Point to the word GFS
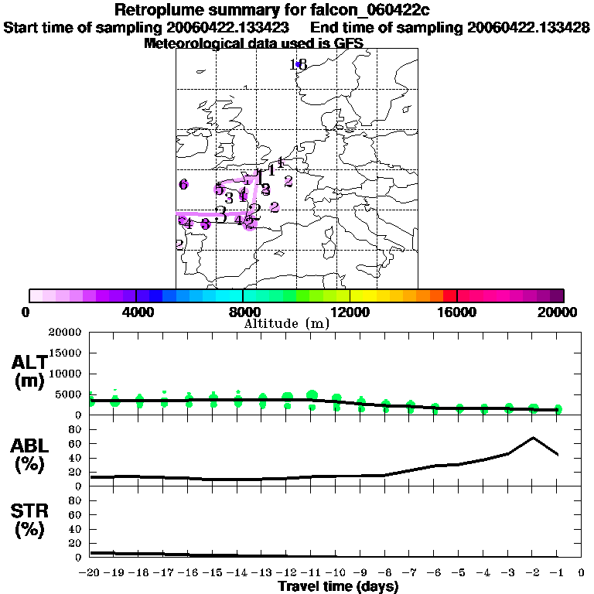[348, 43]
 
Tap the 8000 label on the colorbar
[243, 312]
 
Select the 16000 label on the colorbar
[457, 312]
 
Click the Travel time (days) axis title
[338, 586]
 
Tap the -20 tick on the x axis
[90, 573]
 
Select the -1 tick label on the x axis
[557, 573]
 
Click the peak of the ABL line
[533, 438]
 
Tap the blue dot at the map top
[298, 65]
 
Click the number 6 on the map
[183, 184]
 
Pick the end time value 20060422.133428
[531, 28]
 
